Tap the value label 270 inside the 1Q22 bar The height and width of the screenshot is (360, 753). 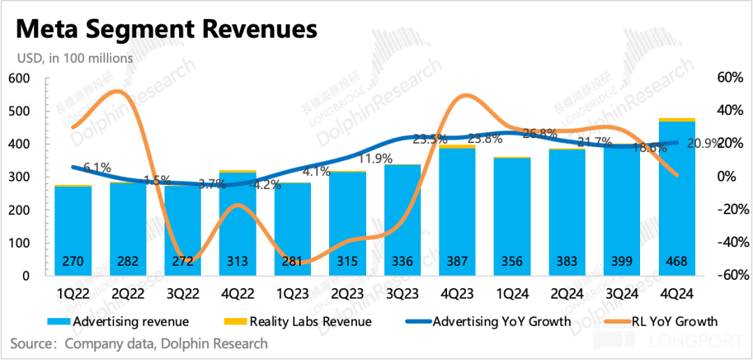tap(73, 262)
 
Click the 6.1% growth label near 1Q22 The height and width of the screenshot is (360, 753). tap(97, 167)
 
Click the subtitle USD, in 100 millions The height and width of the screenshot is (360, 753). tap(71, 59)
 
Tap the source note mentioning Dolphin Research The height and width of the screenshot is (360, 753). tap(139, 343)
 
